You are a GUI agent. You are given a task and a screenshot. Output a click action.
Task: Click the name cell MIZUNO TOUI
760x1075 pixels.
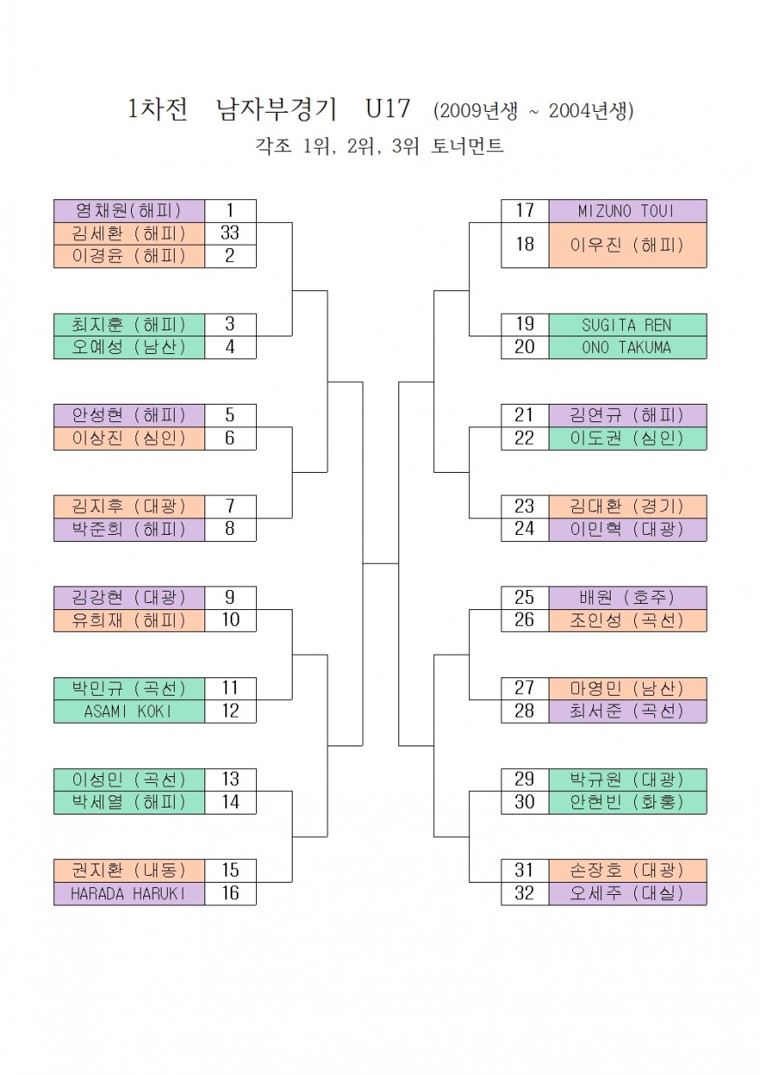click(627, 211)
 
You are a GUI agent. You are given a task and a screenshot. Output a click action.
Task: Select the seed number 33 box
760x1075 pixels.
click(230, 233)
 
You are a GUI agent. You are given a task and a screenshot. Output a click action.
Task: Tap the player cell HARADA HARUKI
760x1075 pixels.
click(129, 893)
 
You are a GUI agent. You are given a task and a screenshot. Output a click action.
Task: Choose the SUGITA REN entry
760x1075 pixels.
click(627, 324)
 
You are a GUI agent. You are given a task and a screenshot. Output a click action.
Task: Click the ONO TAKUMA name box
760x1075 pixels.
click(627, 347)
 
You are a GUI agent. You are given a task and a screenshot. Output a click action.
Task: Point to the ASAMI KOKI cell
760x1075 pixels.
click(129, 711)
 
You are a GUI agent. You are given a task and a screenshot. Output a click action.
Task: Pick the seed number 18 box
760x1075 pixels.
click(525, 245)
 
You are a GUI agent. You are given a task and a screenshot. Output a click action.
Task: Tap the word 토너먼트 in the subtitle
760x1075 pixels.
click(467, 147)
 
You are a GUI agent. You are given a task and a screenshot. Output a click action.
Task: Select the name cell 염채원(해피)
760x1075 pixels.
click(129, 211)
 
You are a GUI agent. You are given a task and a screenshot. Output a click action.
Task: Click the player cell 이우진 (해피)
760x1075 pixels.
click(627, 245)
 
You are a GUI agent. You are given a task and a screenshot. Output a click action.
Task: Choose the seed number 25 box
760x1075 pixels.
click(525, 597)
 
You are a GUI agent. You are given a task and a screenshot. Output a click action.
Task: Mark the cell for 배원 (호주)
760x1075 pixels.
click(627, 597)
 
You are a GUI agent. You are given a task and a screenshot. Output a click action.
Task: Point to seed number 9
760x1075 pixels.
click(230, 597)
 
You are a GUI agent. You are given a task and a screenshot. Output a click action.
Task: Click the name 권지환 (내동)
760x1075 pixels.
click(129, 870)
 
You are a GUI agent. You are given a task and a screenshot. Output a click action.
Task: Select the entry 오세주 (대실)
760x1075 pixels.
click(627, 893)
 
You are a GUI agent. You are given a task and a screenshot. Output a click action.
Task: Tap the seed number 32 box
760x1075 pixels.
click(525, 893)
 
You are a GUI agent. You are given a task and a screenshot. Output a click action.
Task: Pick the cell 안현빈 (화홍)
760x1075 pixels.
click(627, 801)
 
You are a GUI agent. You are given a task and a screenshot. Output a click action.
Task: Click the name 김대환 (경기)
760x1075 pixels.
click(627, 506)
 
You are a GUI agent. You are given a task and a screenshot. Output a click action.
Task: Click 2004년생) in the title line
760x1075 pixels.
click(591, 111)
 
